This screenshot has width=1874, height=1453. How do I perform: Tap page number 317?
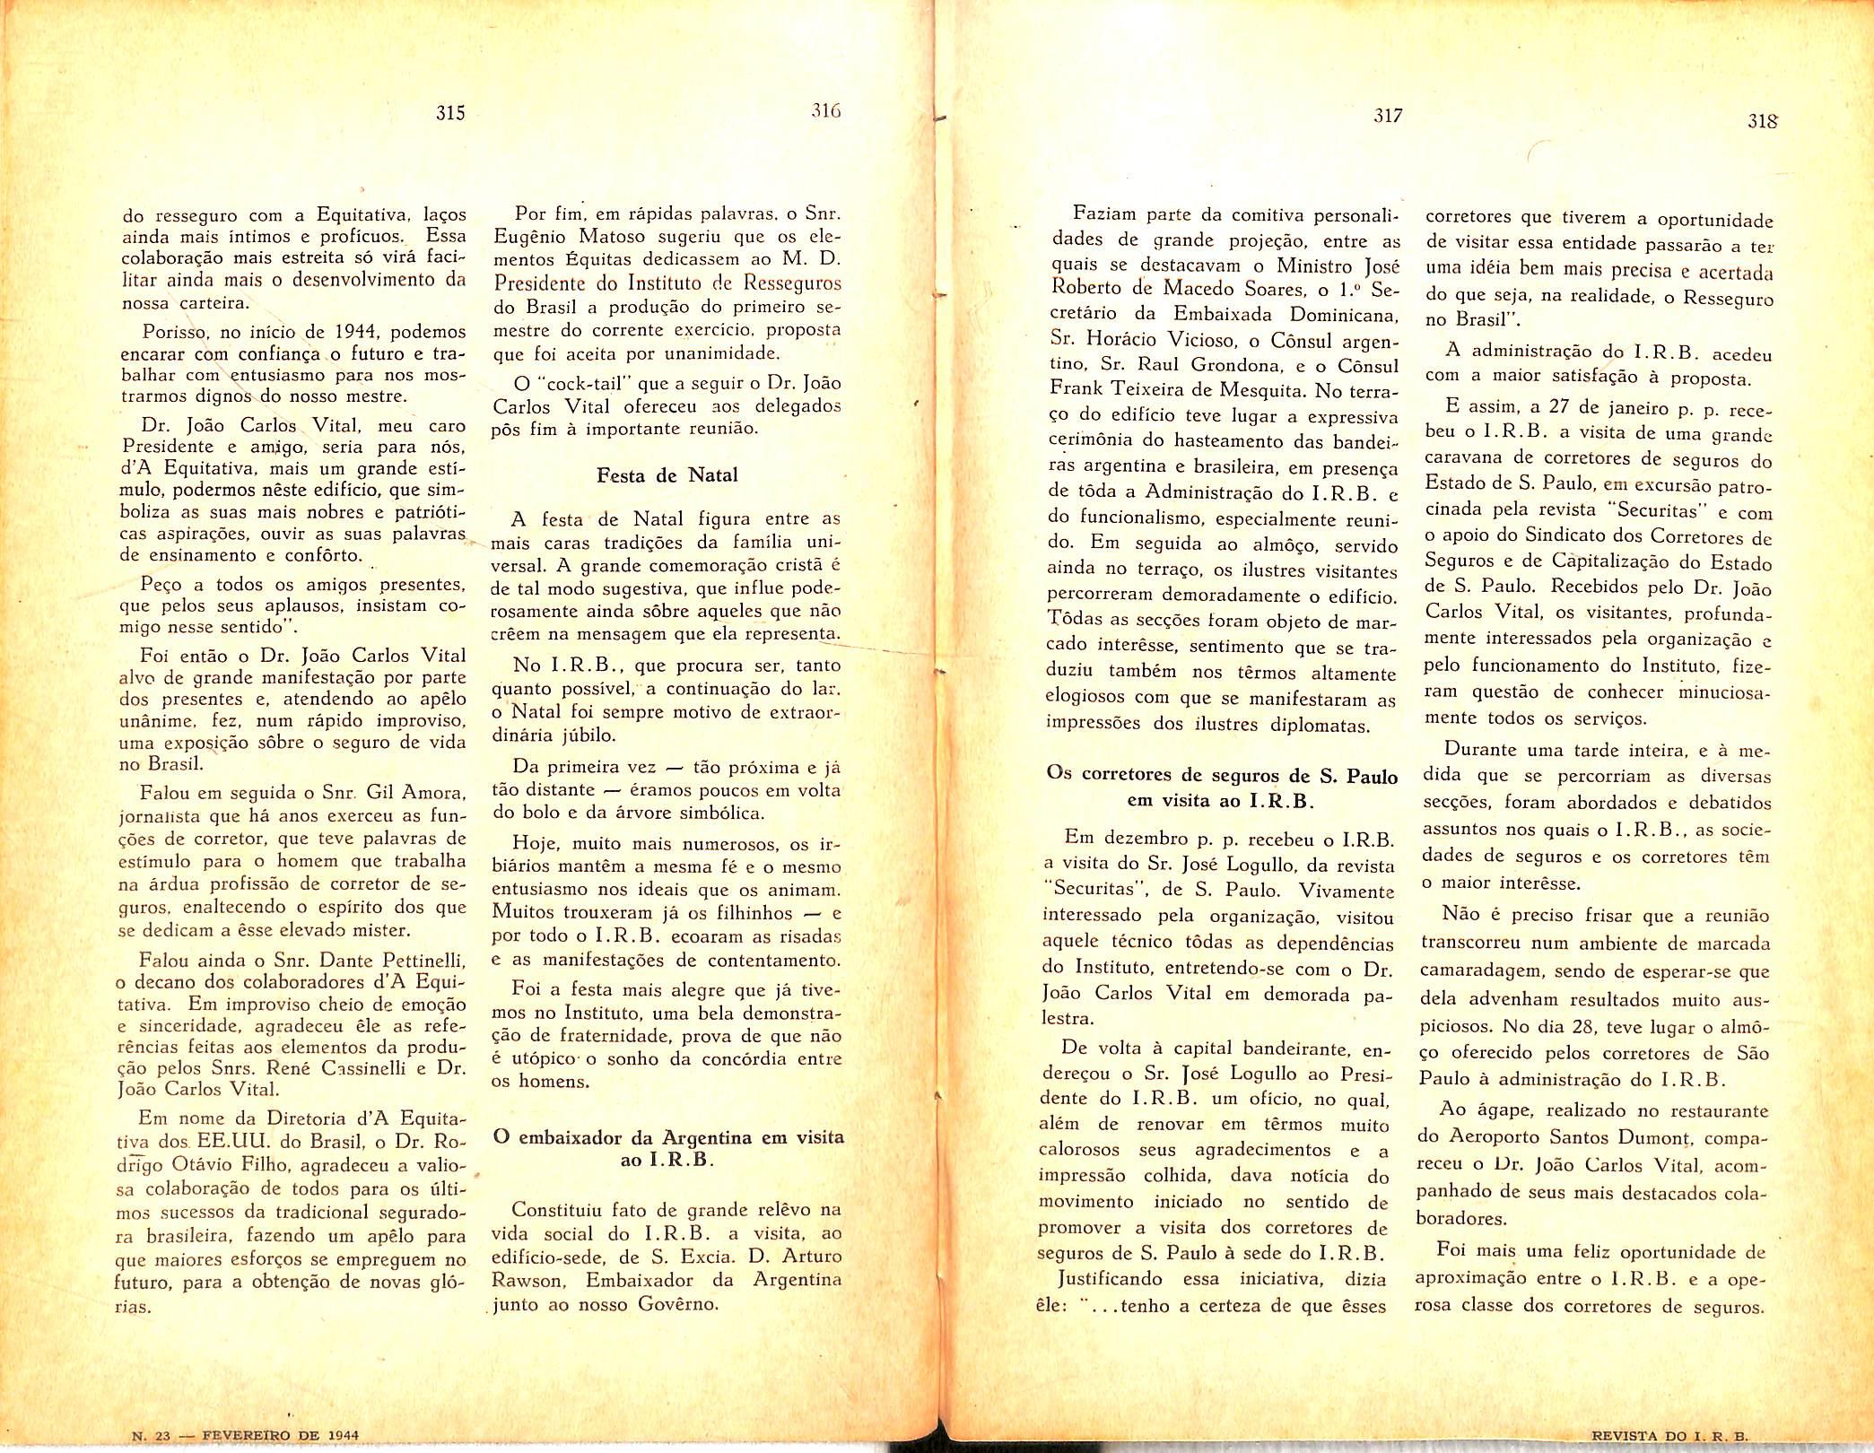point(1387,117)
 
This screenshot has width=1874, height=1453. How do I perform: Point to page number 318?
point(1762,121)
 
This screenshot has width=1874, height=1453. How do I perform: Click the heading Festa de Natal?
point(667,475)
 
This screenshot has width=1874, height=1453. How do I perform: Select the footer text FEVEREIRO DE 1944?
point(281,1434)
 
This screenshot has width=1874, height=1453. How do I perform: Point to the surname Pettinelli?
point(413,959)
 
